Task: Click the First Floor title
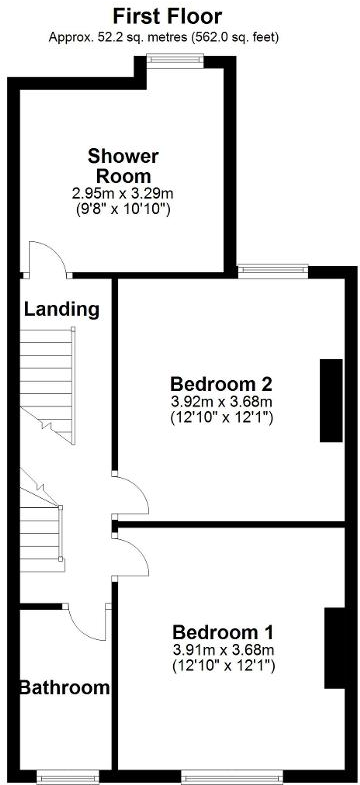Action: pyautogui.click(x=167, y=16)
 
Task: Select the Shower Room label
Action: pyautogui.click(x=123, y=166)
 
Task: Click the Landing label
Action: pyautogui.click(x=62, y=309)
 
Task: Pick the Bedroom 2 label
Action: pyautogui.click(x=222, y=384)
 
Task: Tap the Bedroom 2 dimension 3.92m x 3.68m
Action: pyautogui.click(x=222, y=402)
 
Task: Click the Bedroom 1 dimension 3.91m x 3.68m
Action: pyautogui.click(x=222, y=650)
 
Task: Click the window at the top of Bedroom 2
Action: pyautogui.click(x=273, y=267)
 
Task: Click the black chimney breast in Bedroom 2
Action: pyautogui.click(x=329, y=399)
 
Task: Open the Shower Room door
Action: pyautogui.click(x=46, y=258)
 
